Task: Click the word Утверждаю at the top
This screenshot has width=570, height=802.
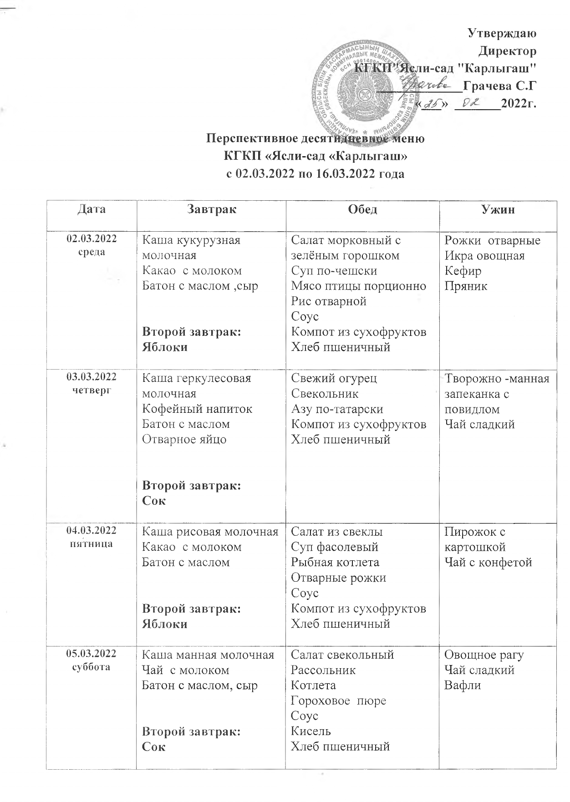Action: pos(502,33)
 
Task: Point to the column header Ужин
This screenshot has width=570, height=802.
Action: pos(498,209)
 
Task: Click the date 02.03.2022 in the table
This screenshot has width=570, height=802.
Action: pos(92,238)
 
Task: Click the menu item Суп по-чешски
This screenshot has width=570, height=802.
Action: pos(334,271)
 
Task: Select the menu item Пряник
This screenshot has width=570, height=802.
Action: pos(466,286)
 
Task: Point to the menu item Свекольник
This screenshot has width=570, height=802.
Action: pos(325,393)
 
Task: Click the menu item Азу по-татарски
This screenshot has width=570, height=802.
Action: pos(337,409)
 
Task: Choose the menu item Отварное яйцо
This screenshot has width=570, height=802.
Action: pos(184,439)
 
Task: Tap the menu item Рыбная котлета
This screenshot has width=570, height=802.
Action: pos(335,562)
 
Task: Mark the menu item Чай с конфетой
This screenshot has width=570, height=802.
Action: pos(488,562)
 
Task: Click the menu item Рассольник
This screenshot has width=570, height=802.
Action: pos(323,670)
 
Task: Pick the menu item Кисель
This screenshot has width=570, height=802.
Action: pos(311,731)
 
